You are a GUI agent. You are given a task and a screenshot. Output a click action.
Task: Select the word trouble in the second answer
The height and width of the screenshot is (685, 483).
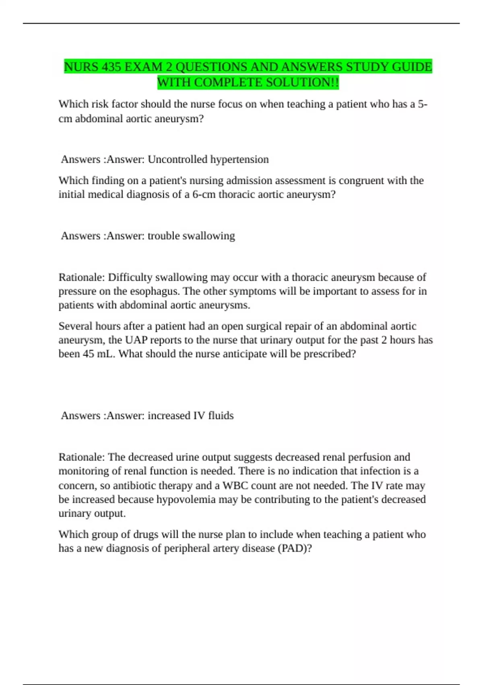(164, 236)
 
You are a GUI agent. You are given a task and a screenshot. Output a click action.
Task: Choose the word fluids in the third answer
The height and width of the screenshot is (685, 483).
(221, 415)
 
